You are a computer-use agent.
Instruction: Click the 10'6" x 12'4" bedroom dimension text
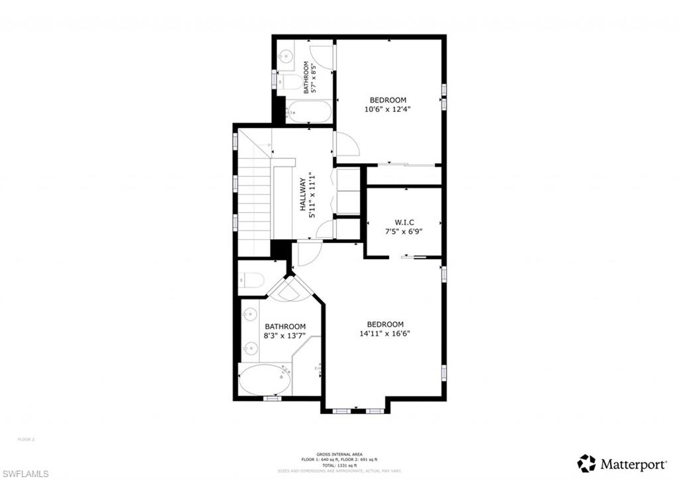coord(388,109)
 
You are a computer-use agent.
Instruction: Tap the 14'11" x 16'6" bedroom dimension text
coord(385,334)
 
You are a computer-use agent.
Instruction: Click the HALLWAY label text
coord(303,193)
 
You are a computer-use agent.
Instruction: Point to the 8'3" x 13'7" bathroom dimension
coord(285,336)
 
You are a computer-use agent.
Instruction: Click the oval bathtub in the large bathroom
coord(265,380)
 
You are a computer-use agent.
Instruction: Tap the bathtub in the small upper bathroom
coord(309,112)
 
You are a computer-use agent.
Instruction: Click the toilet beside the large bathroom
coord(251,280)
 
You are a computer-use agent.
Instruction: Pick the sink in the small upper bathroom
coord(286,57)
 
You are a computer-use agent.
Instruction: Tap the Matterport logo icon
coord(586,463)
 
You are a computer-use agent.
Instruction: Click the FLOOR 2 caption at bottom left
coord(25,439)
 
